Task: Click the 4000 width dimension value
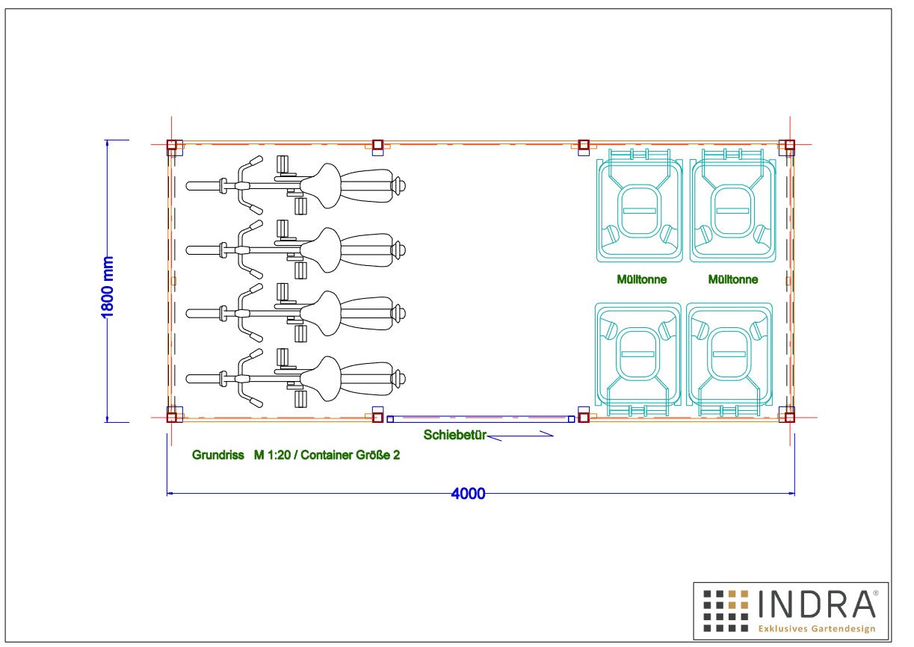pos(468,494)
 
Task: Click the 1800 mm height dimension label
pos(107,287)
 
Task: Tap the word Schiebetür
pos(454,435)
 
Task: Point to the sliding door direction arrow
pos(520,436)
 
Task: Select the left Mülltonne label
pos(641,279)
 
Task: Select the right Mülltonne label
pos(733,279)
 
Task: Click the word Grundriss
pos(218,455)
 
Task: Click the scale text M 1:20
pos(272,455)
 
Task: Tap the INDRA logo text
pos(817,604)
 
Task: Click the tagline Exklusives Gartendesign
pos(817,628)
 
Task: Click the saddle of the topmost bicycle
pos(321,185)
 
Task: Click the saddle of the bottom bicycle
pos(321,379)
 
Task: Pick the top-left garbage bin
pos(640,205)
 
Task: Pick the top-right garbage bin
pos(733,205)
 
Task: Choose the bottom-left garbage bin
pos(637,359)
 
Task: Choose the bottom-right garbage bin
pos(729,359)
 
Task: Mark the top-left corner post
pos(171,145)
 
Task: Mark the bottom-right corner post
pos(789,418)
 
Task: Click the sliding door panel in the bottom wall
pos(481,419)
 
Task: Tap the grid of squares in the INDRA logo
pos(726,610)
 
